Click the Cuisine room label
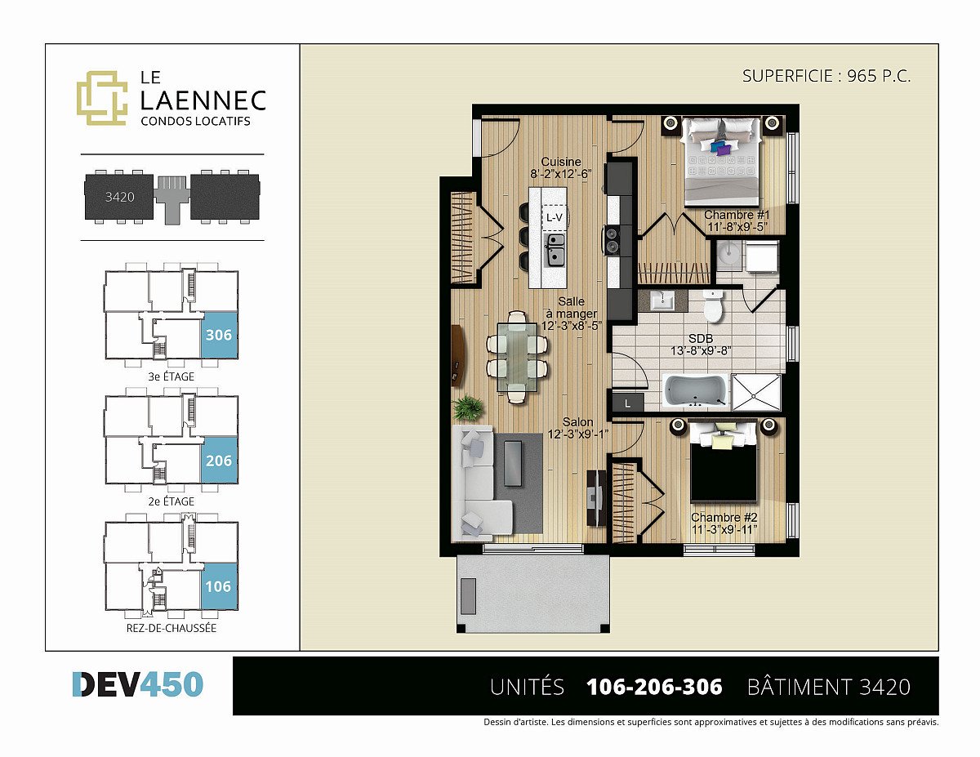[561, 162]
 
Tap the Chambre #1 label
[737, 215]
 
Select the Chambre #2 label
[724, 517]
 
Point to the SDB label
[701, 339]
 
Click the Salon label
[577, 422]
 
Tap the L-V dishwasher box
[555, 217]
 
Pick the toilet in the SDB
[713, 306]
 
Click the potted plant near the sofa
[468, 407]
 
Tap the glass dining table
[517, 357]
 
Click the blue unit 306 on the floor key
[219, 335]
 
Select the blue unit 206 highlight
[219, 461]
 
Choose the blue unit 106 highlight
[219, 586]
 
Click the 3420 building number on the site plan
[119, 197]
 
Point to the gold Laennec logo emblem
[102, 97]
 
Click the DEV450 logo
[138, 684]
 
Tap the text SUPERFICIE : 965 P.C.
[826, 76]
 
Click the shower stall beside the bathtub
[756, 392]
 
